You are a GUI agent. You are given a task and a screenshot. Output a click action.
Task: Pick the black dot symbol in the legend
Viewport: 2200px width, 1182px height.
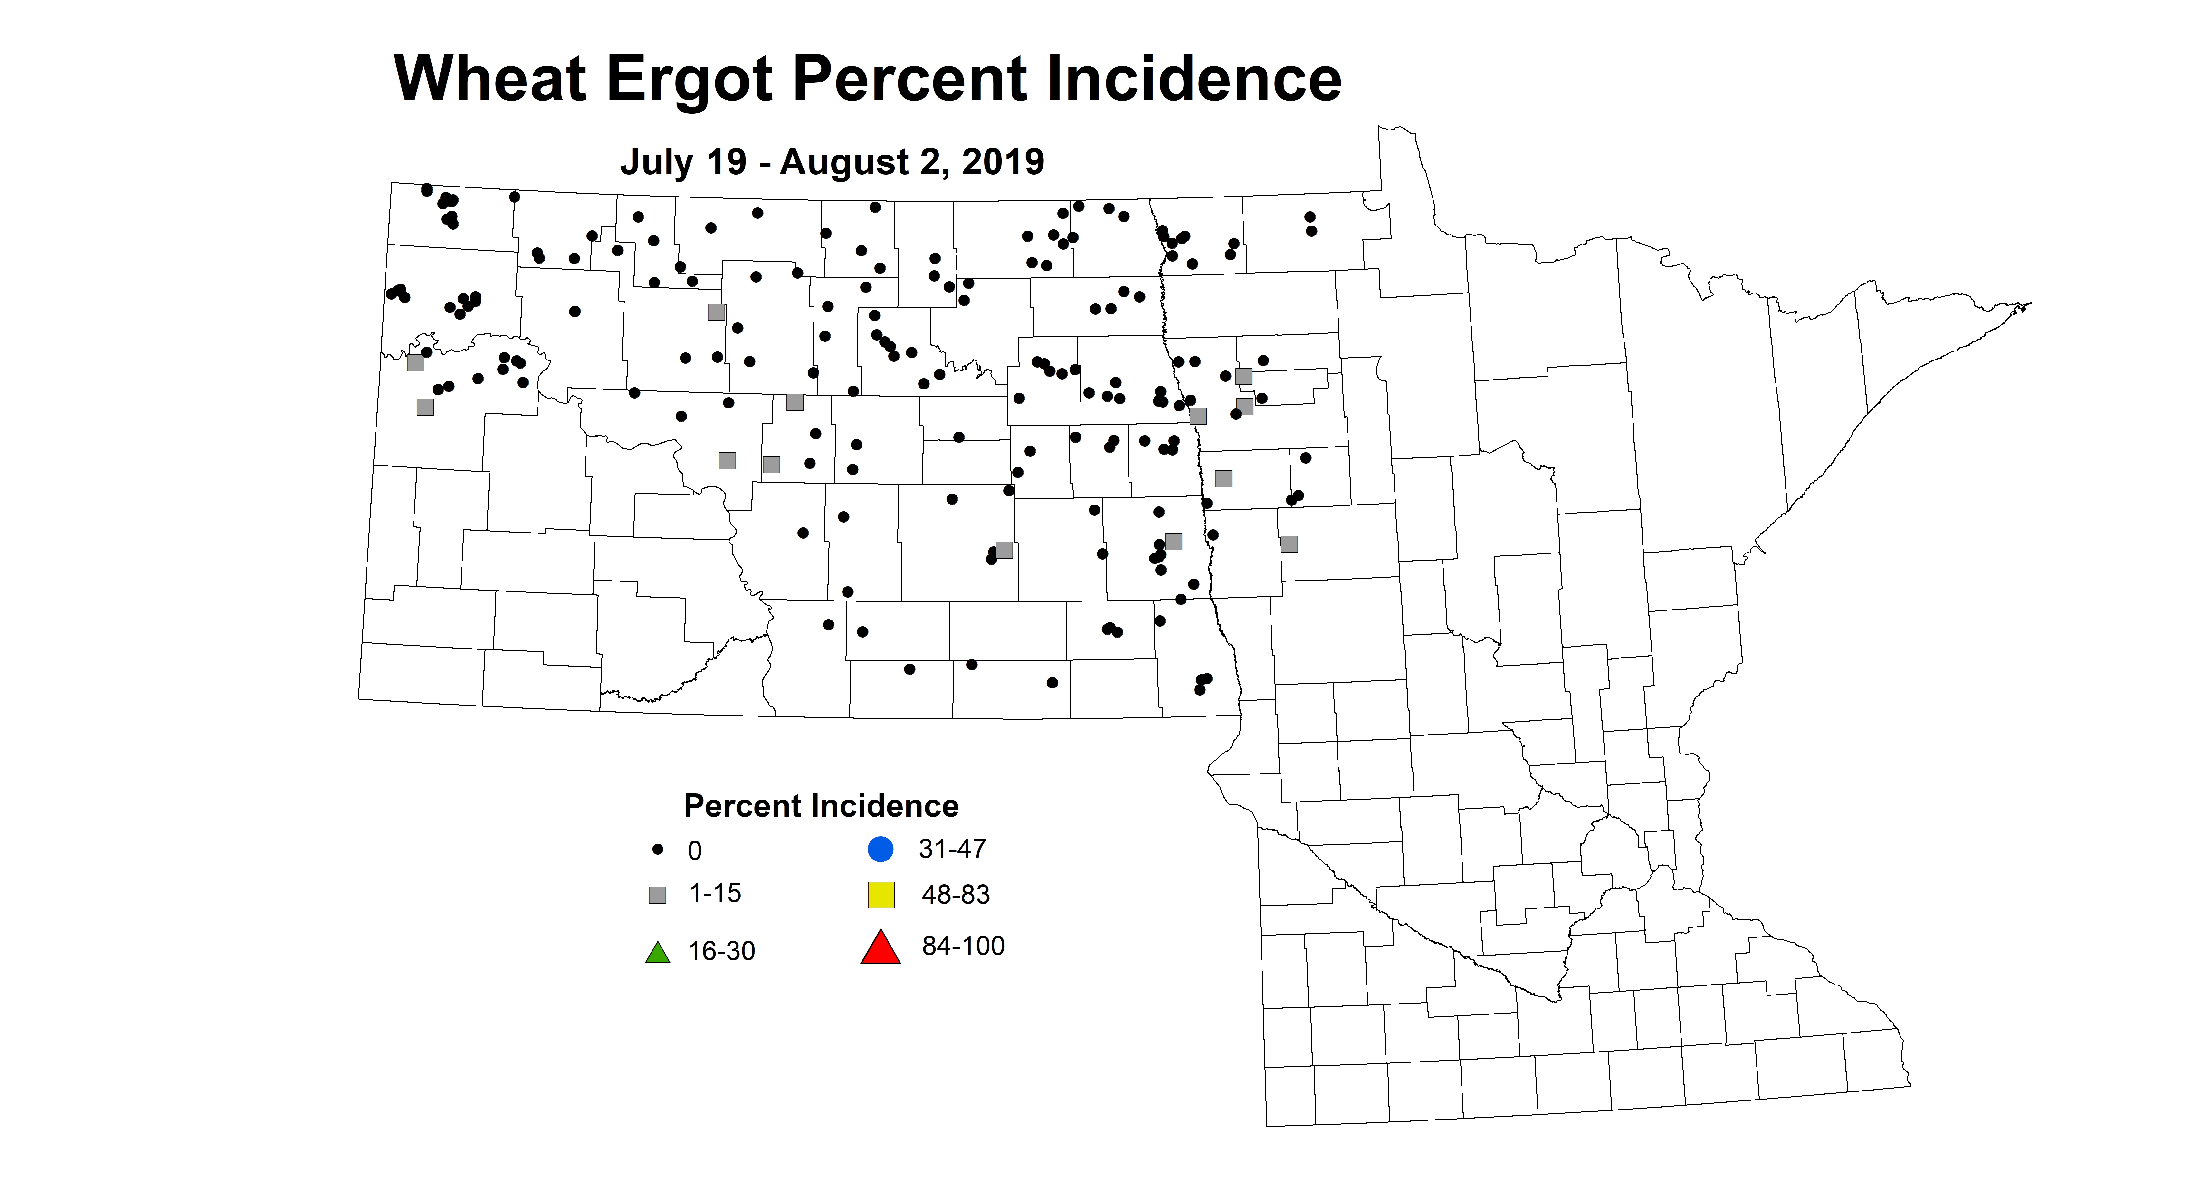[658, 850]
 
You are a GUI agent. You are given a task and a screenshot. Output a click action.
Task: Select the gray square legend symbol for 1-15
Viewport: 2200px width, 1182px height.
[658, 895]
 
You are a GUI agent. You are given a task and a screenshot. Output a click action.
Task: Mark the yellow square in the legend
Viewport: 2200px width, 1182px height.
[881, 895]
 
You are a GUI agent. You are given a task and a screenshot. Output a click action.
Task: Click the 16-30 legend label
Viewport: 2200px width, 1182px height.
[722, 951]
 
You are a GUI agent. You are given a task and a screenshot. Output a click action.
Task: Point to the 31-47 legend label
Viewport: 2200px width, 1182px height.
[952, 849]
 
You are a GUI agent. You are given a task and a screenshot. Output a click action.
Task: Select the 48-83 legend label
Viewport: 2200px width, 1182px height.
[956, 895]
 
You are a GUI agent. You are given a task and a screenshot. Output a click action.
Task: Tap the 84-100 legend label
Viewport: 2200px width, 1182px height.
[963, 946]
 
